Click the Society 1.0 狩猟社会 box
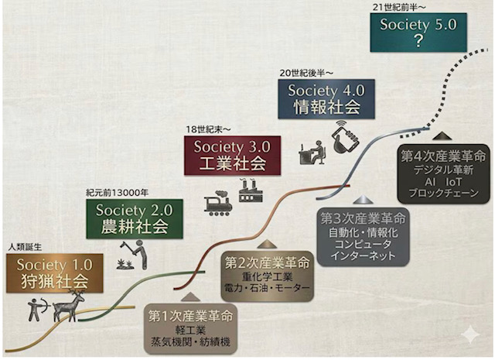point(55,273)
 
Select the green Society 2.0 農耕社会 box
point(135,219)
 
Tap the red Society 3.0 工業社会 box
point(232,156)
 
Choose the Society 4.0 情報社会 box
point(326,99)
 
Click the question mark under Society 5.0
point(418,41)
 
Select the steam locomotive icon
point(218,204)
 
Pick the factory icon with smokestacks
point(251,190)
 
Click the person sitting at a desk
point(312,153)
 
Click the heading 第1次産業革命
point(191,316)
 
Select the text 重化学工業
point(268,277)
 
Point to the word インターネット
point(363,255)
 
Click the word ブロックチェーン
point(443,193)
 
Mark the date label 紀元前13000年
point(117,193)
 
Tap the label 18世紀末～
point(208,129)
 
